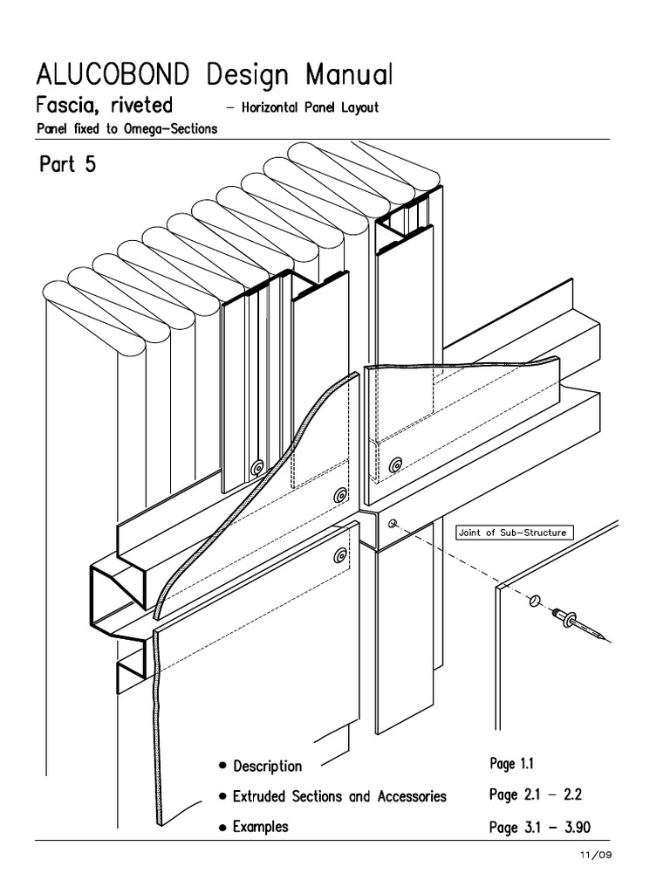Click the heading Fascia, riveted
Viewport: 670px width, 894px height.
pos(104,107)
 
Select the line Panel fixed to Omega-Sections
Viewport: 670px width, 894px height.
pos(126,129)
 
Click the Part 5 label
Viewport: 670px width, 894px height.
pos(67,165)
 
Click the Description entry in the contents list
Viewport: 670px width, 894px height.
pos(267,766)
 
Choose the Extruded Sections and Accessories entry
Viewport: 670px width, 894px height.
pos(339,796)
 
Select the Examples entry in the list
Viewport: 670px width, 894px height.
pos(260,826)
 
